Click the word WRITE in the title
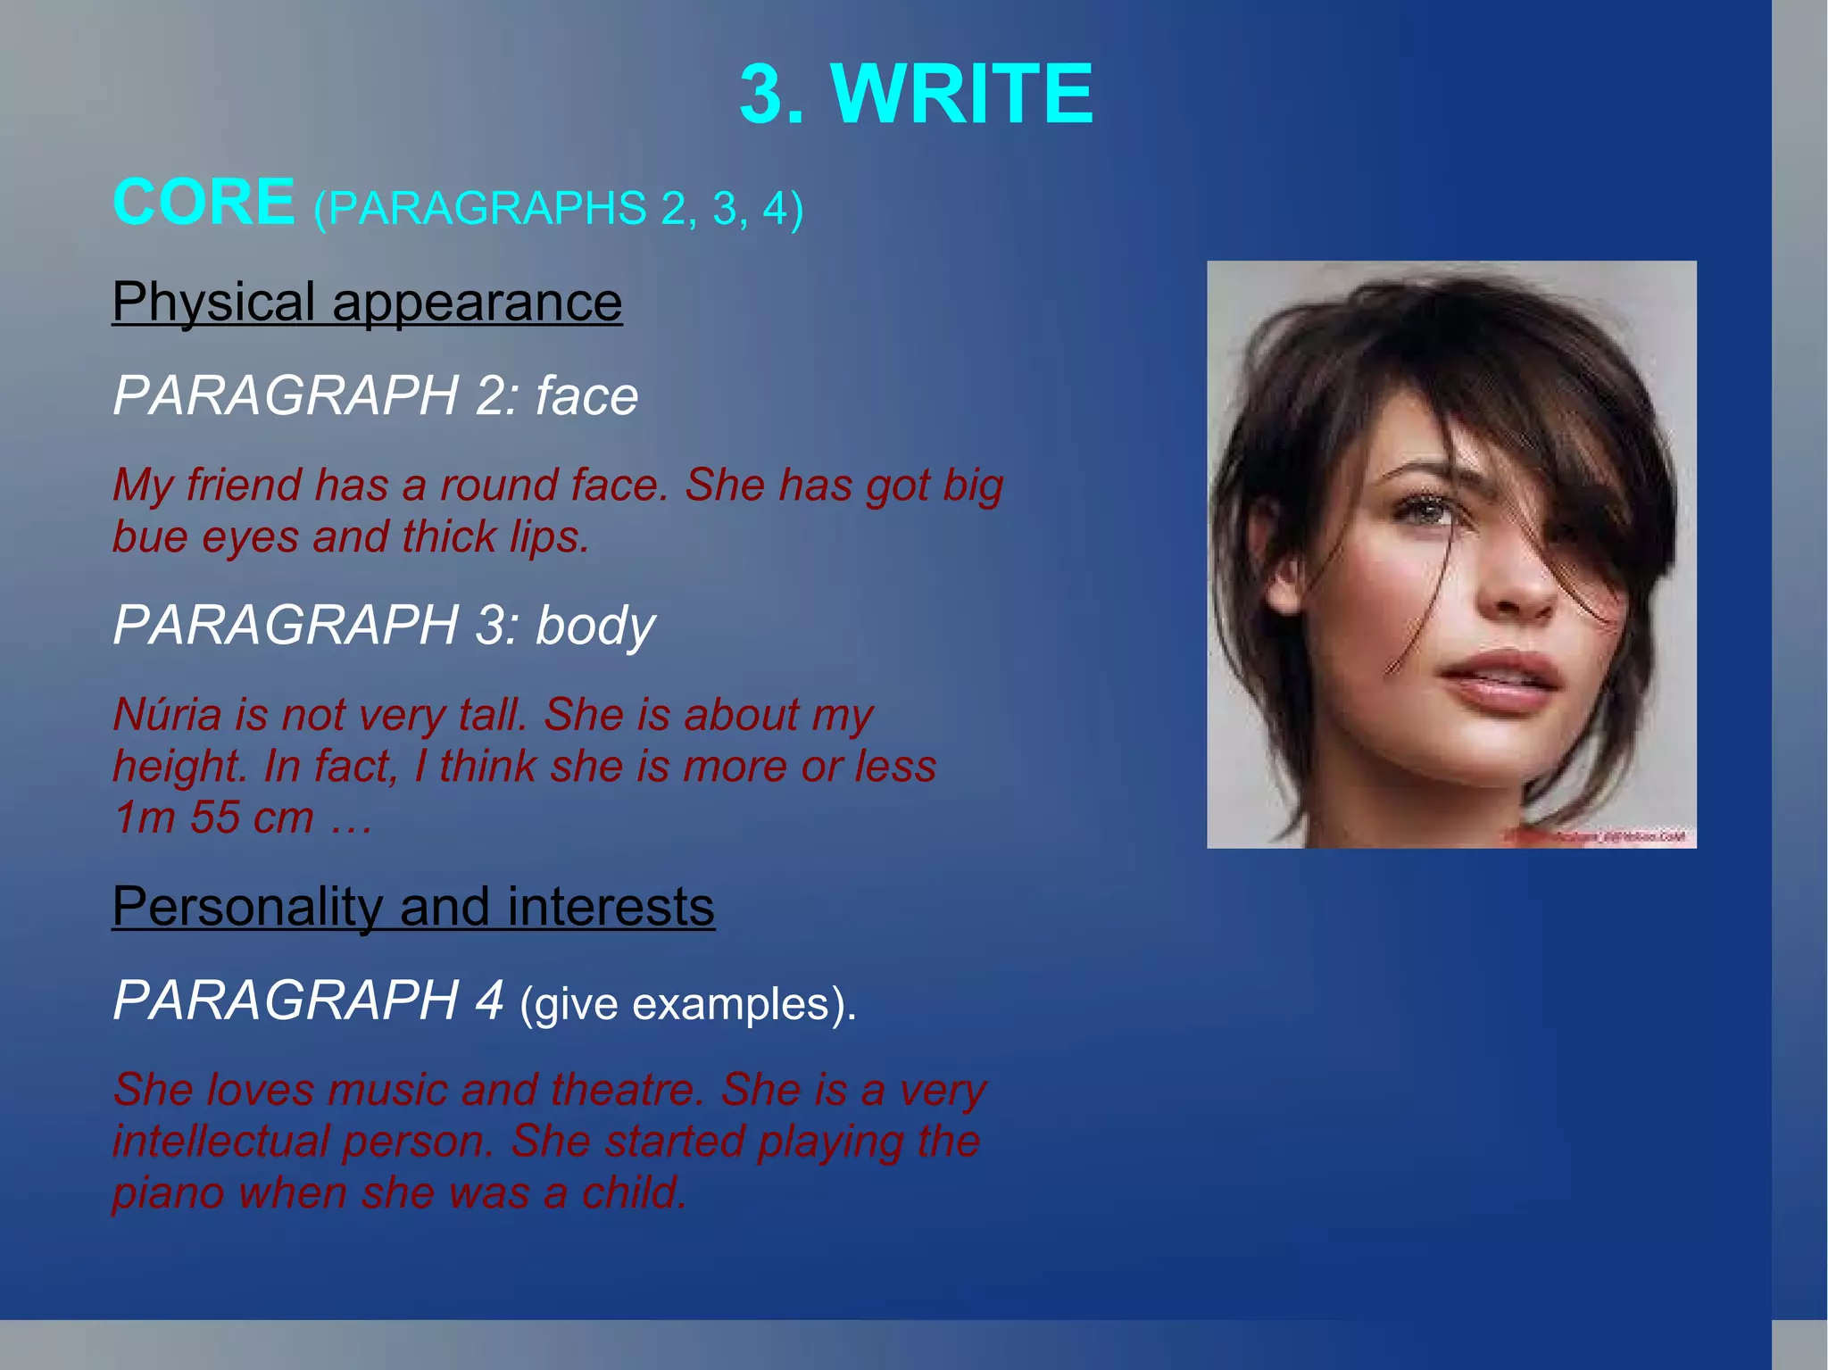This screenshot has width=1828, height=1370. click(962, 94)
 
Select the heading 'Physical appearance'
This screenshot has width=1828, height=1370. click(367, 302)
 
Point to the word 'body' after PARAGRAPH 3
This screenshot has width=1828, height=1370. click(595, 626)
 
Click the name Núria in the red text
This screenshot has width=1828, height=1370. click(167, 714)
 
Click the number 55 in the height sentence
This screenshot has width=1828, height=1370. click(214, 818)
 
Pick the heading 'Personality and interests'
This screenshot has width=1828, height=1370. click(413, 907)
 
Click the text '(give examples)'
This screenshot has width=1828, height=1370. click(687, 1004)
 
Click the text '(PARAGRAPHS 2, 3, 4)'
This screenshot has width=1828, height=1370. click(558, 208)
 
